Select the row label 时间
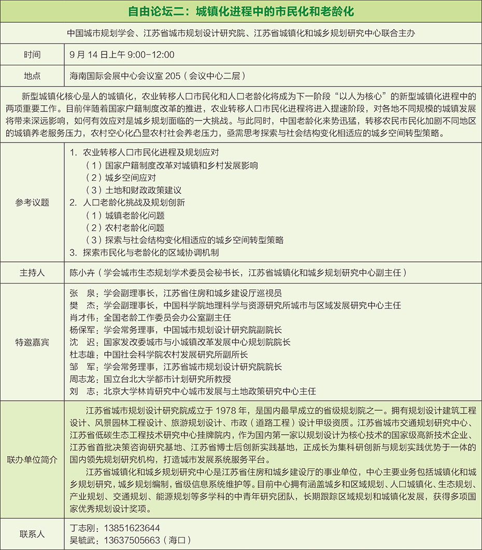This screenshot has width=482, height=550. (x=32, y=55)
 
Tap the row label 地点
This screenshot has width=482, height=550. (x=32, y=76)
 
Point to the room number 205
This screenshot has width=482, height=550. (x=172, y=76)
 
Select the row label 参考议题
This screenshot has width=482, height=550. (x=32, y=203)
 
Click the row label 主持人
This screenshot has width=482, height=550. (x=32, y=272)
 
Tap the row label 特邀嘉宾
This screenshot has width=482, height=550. (x=32, y=342)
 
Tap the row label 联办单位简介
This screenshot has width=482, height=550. (x=32, y=460)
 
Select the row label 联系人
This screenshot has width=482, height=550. (x=32, y=533)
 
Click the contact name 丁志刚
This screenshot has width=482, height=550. (x=82, y=528)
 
